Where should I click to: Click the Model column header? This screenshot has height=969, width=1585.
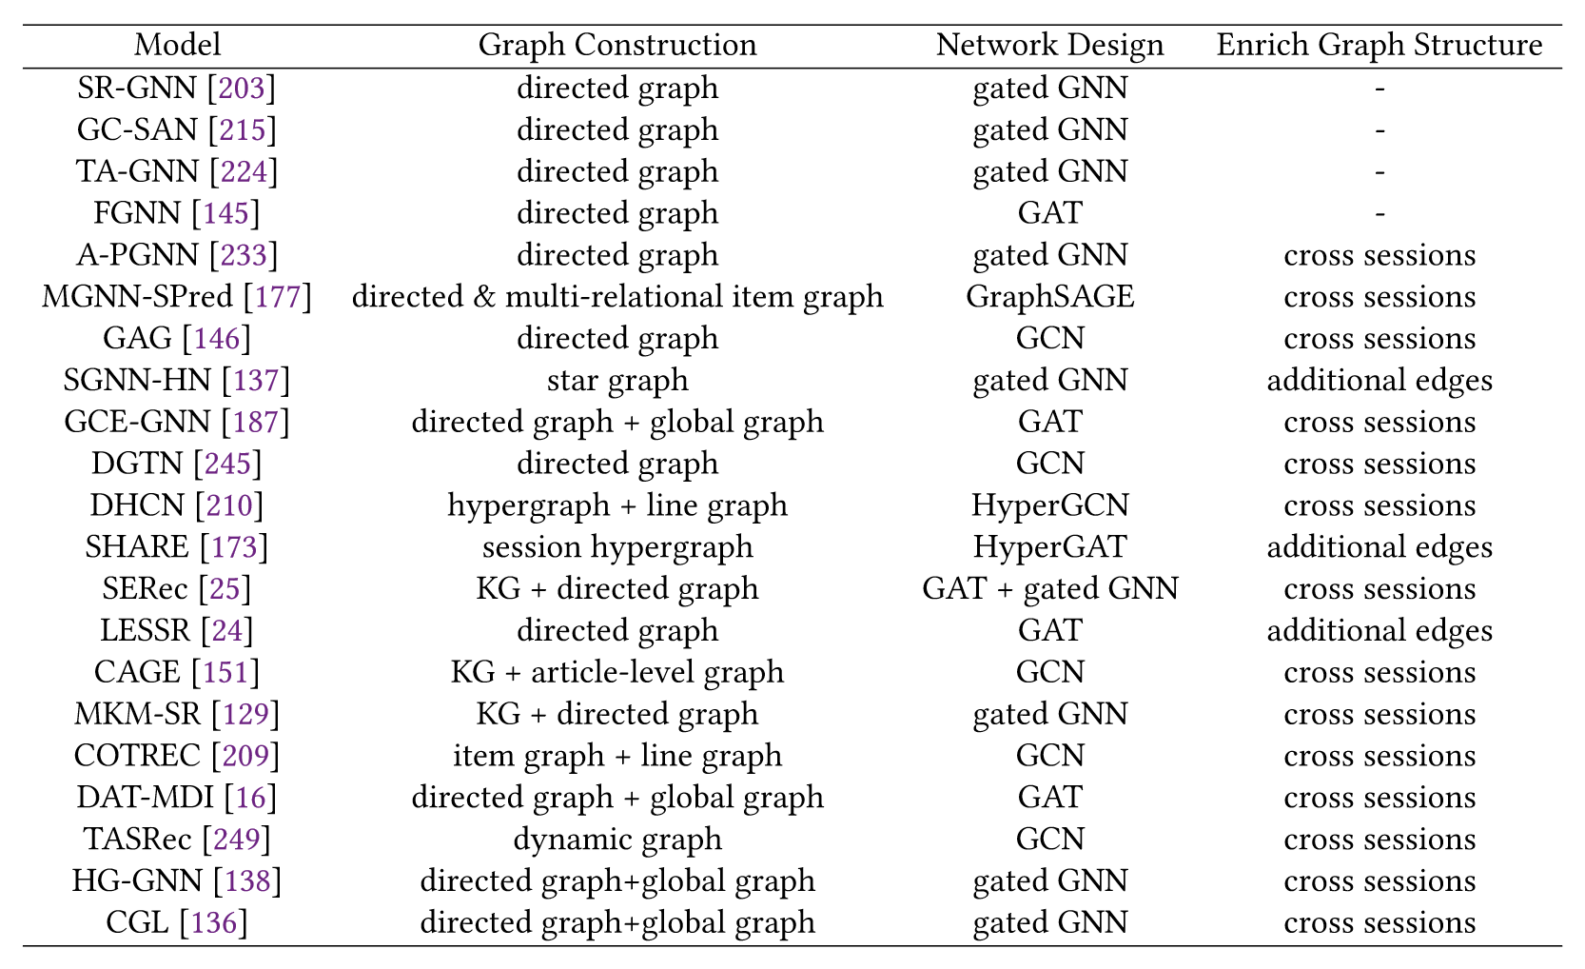[178, 45]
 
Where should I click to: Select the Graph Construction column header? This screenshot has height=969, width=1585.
[617, 46]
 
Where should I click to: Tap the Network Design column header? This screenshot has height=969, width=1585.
[1049, 46]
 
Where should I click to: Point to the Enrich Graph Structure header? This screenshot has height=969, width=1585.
[1380, 46]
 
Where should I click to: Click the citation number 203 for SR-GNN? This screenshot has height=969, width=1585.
[242, 88]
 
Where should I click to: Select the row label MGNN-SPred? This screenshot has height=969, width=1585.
[137, 297]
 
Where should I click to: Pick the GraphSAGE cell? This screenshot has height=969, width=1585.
[1050, 297]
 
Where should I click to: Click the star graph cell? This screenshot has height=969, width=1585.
[617, 381]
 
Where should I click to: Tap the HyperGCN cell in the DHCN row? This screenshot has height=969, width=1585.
[1050, 506]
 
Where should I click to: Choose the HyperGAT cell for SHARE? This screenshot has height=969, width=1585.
[1050, 547]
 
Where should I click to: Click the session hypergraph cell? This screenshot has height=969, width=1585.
[617, 548]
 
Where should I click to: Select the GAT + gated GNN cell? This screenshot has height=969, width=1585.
[1050, 589]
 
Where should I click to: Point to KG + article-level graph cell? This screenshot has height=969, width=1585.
[617, 672]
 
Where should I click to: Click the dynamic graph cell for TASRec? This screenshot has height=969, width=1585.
[617, 840]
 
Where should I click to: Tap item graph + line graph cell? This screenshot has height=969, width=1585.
[617, 757]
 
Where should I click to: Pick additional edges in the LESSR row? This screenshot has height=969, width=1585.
[1380, 631]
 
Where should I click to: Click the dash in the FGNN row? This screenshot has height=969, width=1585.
[1380, 214]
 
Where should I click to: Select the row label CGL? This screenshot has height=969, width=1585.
[137, 923]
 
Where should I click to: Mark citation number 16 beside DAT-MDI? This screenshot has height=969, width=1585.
[250, 798]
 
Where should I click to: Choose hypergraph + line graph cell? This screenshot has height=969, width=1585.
[617, 506]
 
